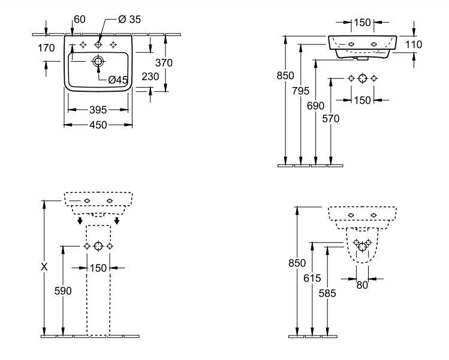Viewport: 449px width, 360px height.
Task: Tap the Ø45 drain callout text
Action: click(x=118, y=79)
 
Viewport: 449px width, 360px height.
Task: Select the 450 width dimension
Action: click(x=98, y=125)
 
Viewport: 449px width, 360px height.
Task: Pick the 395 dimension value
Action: click(x=98, y=110)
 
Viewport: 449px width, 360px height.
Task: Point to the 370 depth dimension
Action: click(x=164, y=62)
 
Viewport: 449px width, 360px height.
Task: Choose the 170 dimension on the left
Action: click(x=46, y=48)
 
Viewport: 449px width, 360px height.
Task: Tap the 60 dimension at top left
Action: click(x=79, y=20)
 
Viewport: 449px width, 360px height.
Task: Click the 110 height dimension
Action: click(x=414, y=44)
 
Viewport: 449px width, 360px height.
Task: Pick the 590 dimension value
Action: click(x=63, y=291)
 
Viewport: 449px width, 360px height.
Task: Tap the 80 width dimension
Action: click(x=361, y=285)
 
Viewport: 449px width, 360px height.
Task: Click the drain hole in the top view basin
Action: click(x=98, y=61)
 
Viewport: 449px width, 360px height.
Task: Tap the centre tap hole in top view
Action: click(x=98, y=46)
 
